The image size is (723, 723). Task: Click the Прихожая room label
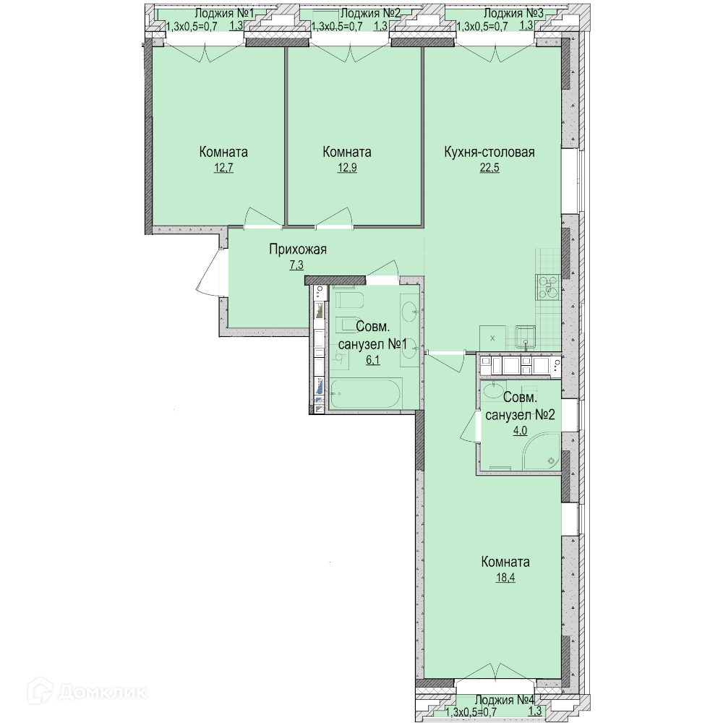[x=298, y=250]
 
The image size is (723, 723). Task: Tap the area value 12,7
[x=223, y=168]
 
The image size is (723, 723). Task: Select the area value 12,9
[x=347, y=168]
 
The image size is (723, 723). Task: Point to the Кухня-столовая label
[x=489, y=152]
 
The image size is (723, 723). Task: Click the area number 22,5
[x=489, y=168]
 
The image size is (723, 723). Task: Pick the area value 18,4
[x=505, y=577]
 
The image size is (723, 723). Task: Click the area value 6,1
[x=373, y=360]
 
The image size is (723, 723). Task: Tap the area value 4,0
[x=520, y=431]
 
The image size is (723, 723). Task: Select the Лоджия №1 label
[x=224, y=13]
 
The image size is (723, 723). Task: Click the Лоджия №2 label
[x=369, y=13]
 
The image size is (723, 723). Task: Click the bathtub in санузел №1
[x=366, y=393]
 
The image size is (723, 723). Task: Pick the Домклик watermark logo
[x=87, y=692]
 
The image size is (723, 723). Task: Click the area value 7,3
[x=296, y=265]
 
